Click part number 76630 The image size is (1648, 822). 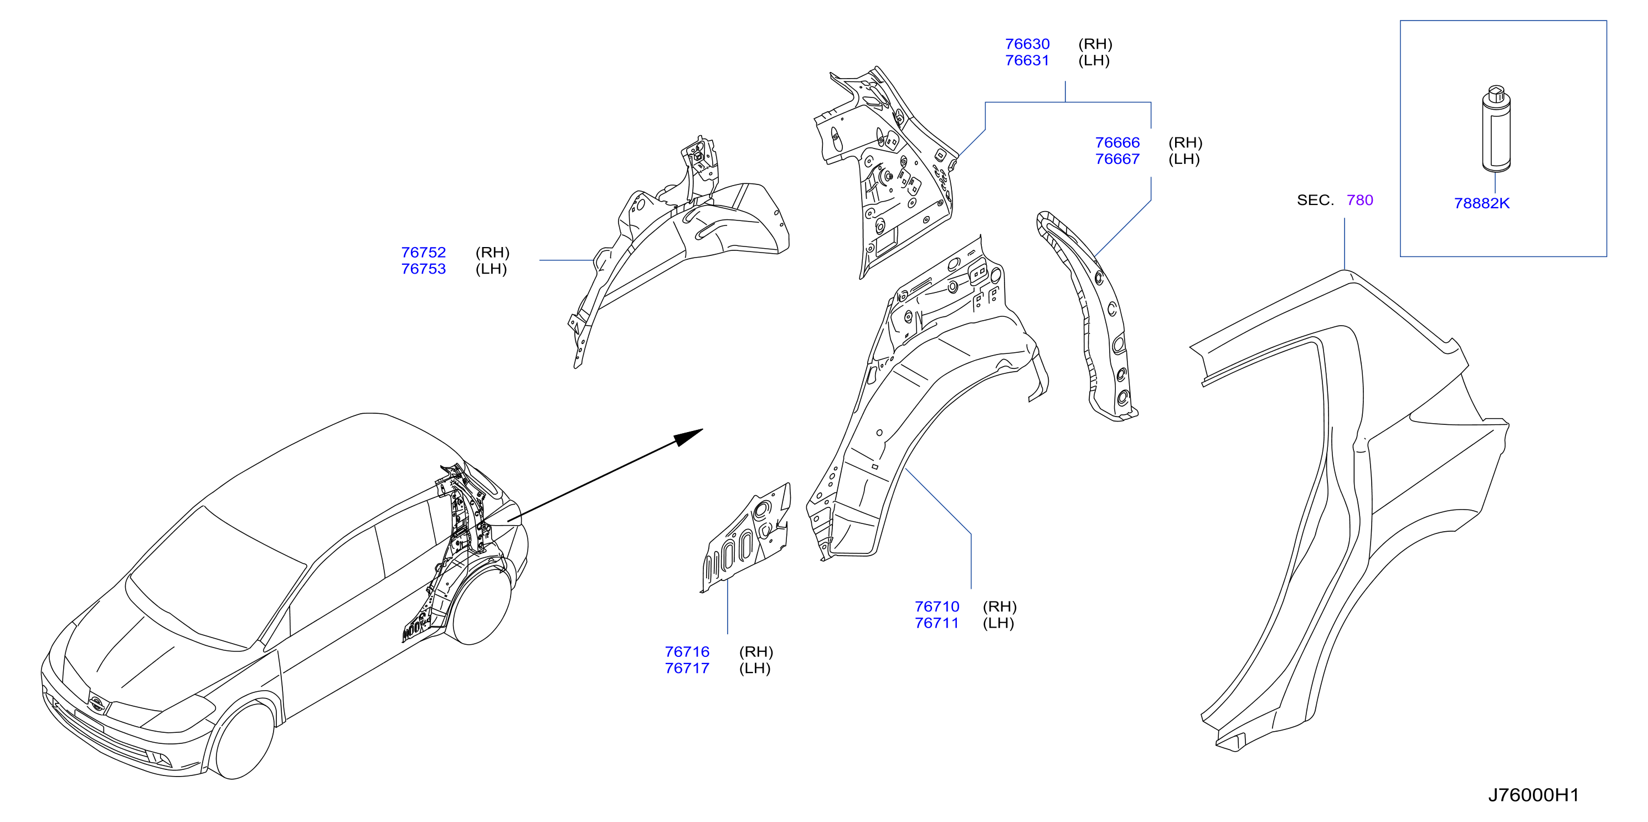pyautogui.click(x=1027, y=44)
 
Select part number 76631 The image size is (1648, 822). pyautogui.click(x=1027, y=61)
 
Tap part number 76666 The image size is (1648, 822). pyautogui.click(x=1117, y=143)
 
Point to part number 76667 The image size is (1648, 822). pyautogui.click(x=1117, y=160)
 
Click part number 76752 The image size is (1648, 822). pyautogui.click(x=424, y=253)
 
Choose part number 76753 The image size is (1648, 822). pyautogui.click(x=424, y=269)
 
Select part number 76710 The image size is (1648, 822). pyautogui.click(x=936, y=607)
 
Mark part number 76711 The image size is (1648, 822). pyautogui.click(x=936, y=623)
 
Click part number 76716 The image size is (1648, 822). pyautogui.click(x=687, y=652)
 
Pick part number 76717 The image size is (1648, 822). pyautogui.click(x=687, y=669)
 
